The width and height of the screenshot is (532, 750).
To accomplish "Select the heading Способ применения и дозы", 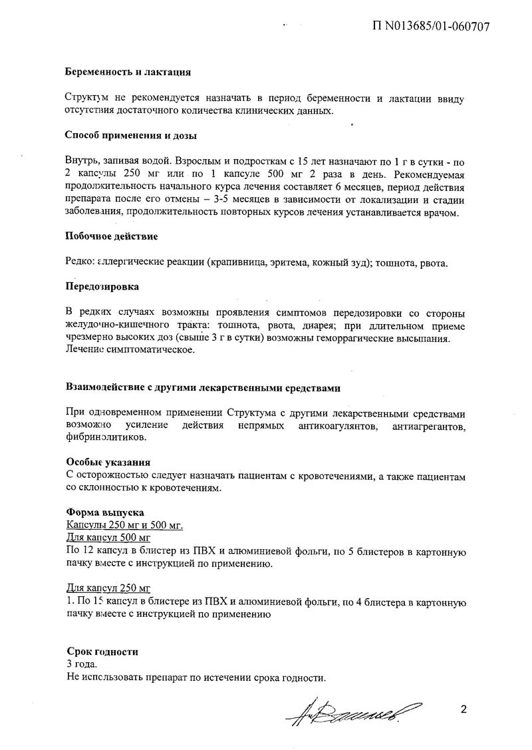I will click(131, 136).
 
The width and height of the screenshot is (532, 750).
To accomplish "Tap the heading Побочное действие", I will click(112, 236).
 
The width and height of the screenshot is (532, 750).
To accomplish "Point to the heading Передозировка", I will click(102, 287).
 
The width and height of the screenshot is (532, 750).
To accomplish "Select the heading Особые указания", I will click(108, 462).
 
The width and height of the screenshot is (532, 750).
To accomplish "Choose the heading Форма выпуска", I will click(102, 513).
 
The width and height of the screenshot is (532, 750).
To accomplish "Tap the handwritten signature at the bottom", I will click(353, 715).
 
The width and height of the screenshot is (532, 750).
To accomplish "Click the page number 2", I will click(463, 709).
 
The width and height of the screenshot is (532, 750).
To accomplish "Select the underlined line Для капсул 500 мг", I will click(109, 538).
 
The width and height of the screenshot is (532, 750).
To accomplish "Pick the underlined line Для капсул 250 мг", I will click(109, 589).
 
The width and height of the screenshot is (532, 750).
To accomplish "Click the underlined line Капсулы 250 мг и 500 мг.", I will click(124, 526).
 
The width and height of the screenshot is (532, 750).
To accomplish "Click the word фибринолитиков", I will click(106, 438).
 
